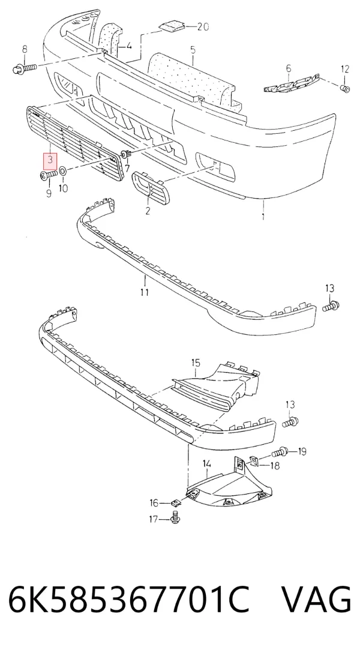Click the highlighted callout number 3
coord(50,160)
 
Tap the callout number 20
coord(203,27)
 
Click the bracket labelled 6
coord(292,82)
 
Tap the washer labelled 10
coord(62,170)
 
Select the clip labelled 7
coord(125,155)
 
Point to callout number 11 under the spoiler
coord(144,292)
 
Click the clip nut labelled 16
coord(175,503)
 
